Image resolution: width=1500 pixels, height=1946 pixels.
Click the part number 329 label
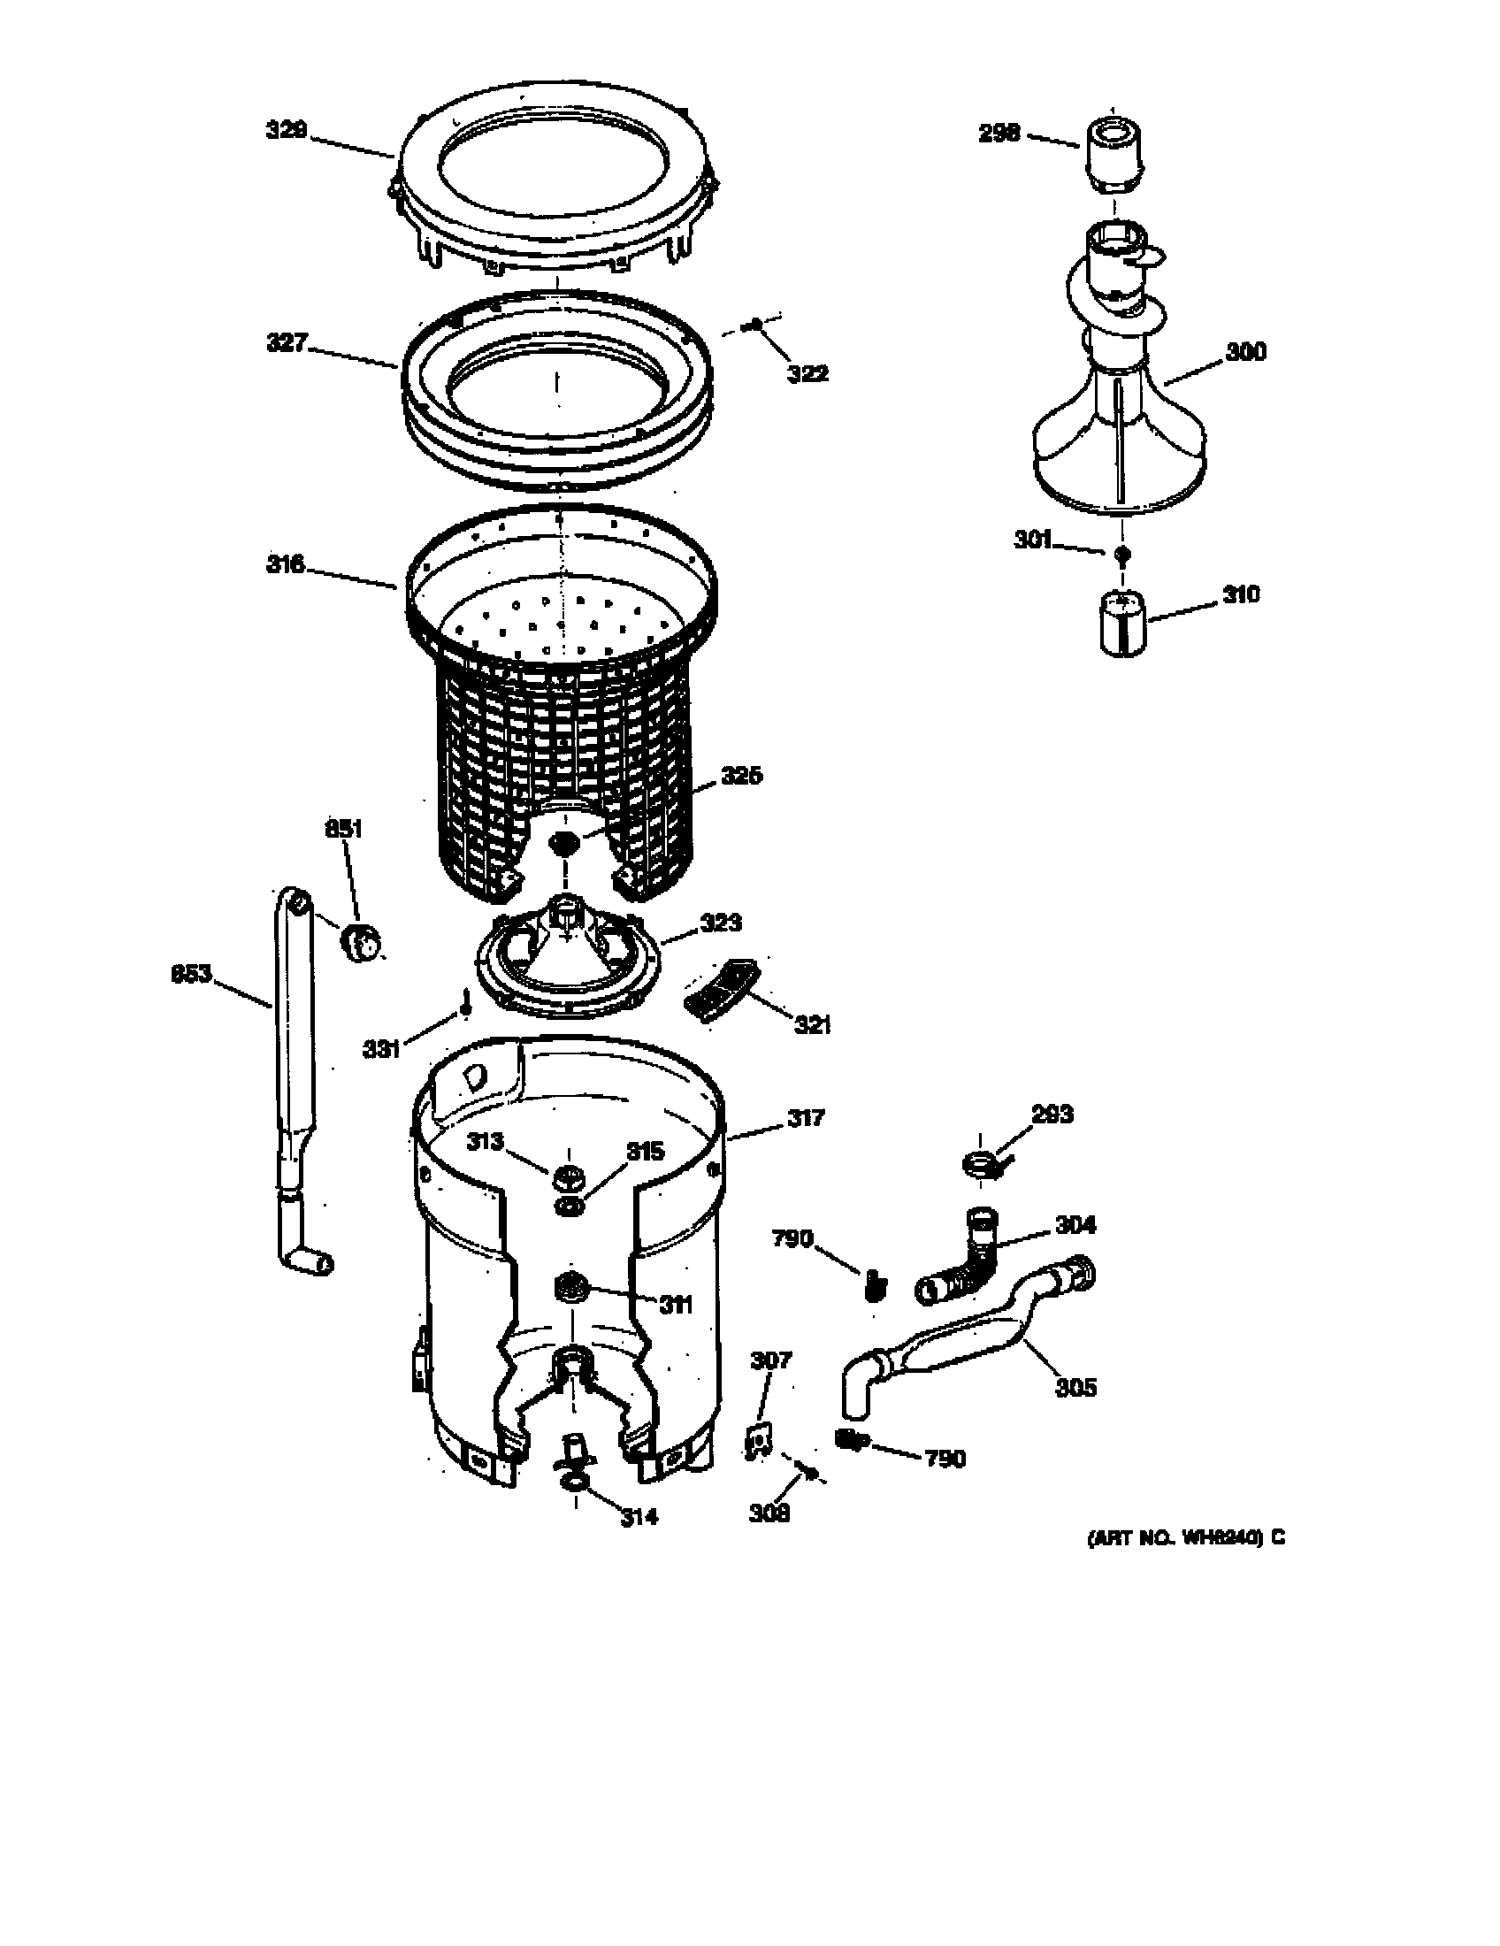click(286, 131)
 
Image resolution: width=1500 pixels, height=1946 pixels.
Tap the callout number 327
click(287, 342)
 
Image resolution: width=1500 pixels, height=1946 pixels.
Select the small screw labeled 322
click(755, 326)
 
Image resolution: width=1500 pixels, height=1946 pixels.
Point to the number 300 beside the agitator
click(1245, 352)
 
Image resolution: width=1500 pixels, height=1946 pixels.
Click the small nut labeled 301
click(1122, 554)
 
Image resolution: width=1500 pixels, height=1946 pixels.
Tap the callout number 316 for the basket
click(285, 564)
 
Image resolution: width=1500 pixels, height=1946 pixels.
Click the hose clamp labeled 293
click(981, 1165)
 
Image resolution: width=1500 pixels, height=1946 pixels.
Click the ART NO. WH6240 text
click(1184, 1538)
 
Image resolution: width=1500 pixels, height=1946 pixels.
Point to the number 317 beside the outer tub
click(805, 1117)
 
